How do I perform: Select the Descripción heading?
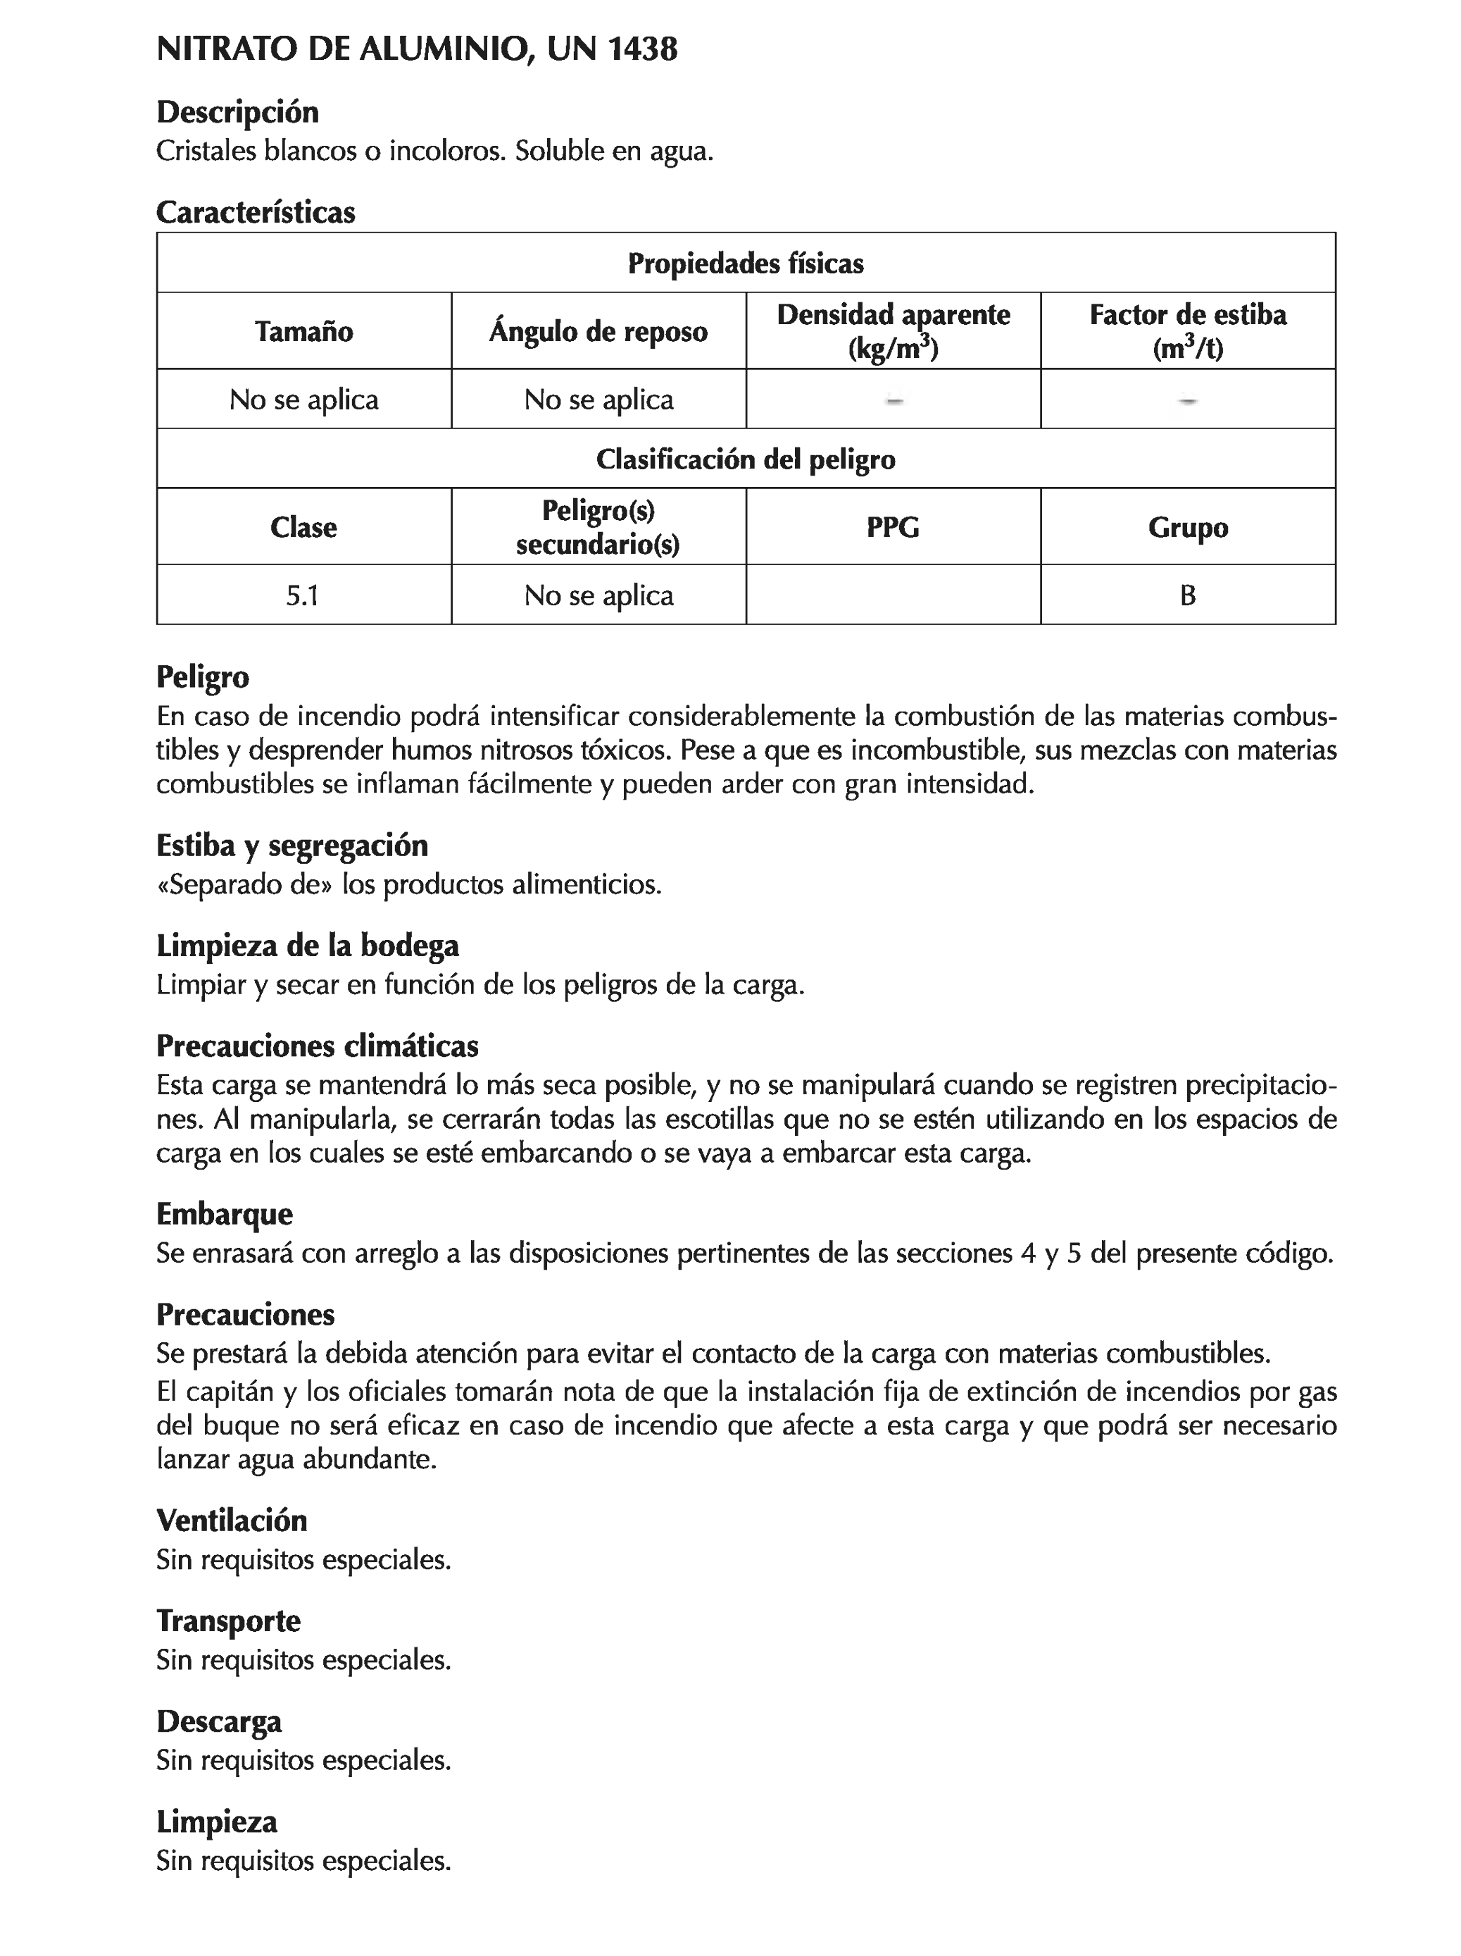point(237,112)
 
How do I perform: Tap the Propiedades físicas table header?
point(745,264)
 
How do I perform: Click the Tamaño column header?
point(303,332)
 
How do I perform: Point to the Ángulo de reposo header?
point(598,332)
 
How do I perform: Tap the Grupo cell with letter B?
point(1187,595)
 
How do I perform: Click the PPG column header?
point(893,527)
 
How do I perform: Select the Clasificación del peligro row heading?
point(745,459)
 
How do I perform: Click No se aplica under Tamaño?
point(303,400)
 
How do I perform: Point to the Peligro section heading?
point(202,676)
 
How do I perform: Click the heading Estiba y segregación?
point(291,846)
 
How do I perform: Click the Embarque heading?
point(224,1213)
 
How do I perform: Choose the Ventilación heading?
point(232,1520)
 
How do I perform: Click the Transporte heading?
point(228,1621)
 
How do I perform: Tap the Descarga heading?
point(219,1721)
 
